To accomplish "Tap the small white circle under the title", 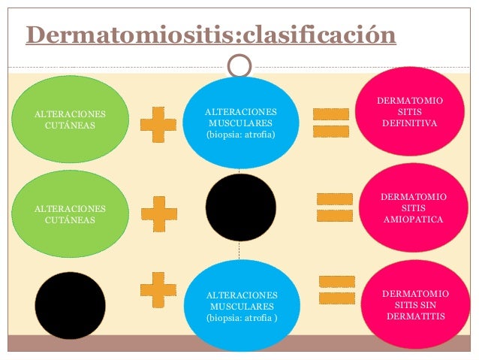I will coord(239,67).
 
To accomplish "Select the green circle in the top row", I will coord(70,119).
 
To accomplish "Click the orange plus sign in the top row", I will coord(158,124).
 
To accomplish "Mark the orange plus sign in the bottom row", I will coord(158,289).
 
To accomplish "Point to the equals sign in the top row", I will coord(330,122).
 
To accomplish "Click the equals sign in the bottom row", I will coord(337,289).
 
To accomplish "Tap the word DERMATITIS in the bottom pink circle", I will coord(415,316).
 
